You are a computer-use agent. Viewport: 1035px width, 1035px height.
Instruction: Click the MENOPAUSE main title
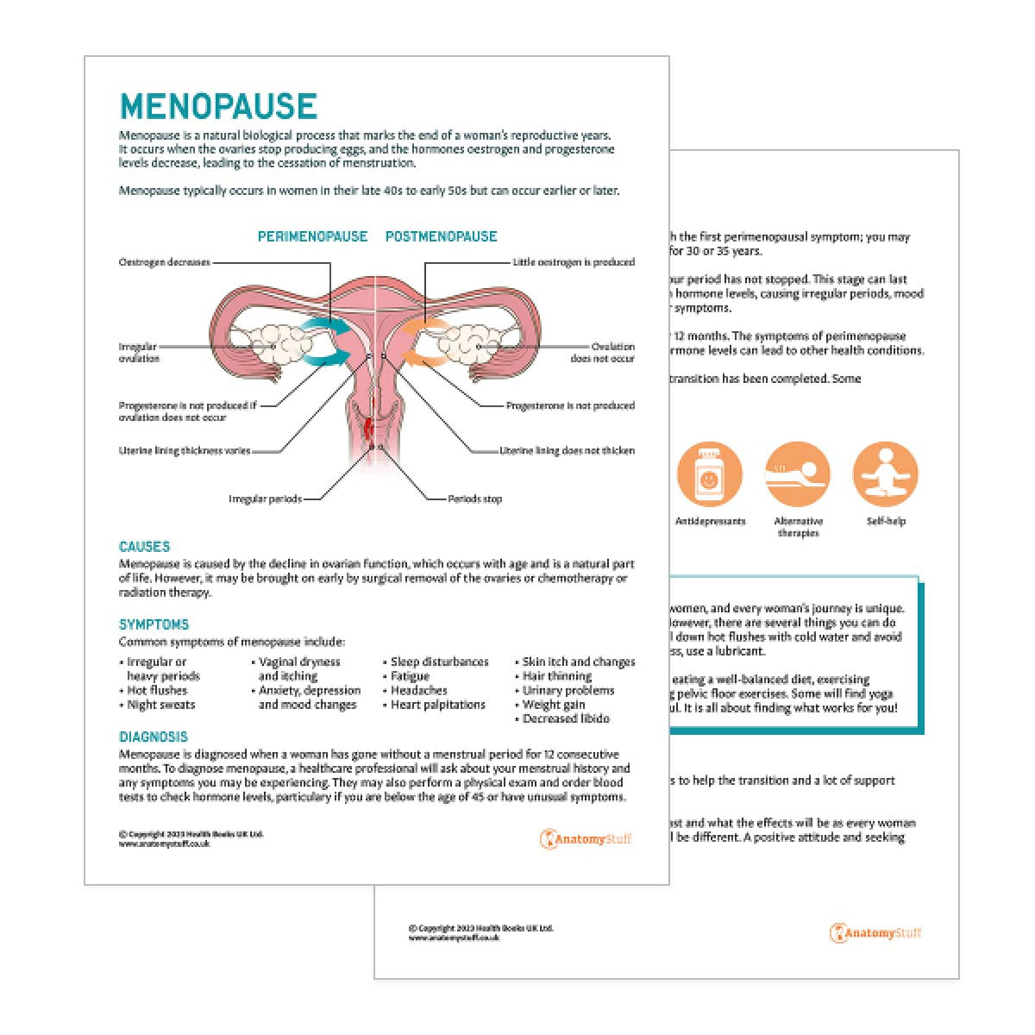[x=218, y=106]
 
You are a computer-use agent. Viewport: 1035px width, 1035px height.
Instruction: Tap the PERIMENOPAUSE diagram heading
[x=312, y=236]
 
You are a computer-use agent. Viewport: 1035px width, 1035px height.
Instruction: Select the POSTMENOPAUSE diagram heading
[x=441, y=236]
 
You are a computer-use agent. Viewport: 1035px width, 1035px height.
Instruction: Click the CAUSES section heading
[x=144, y=547]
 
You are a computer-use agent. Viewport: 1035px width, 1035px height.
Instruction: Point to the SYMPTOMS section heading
[x=154, y=624]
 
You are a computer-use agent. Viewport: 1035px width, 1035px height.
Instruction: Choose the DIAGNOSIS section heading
[x=153, y=737]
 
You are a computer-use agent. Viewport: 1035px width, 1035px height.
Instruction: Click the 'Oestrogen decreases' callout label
[x=164, y=262]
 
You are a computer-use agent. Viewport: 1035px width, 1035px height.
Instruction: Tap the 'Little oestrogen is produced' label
[x=574, y=262]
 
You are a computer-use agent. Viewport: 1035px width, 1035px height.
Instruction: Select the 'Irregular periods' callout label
[x=265, y=499]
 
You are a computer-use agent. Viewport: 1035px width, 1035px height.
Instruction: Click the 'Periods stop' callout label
[x=474, y=499]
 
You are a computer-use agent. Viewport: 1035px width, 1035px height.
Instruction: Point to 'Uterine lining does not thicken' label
[x=568, y=450]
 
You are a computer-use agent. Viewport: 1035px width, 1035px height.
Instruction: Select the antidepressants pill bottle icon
[x=710, y=474]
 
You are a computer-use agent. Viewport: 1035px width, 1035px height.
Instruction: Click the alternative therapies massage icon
[x=798, y=474]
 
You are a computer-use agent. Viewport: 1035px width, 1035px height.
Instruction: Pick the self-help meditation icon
[x=885, y=474]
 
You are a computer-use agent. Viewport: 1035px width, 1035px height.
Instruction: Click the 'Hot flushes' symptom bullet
[x=157, y=691]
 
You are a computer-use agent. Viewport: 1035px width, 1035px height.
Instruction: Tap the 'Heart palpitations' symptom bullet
[x=438, y=705]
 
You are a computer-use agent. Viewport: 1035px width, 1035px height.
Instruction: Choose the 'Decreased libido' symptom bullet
[x=566, y=718]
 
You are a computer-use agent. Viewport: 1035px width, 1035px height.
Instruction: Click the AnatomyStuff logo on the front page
[x=586, y=838]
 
